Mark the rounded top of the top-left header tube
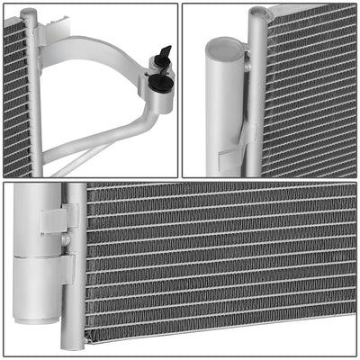(x=31, y=10)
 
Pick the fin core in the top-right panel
(x=310, y=90)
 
